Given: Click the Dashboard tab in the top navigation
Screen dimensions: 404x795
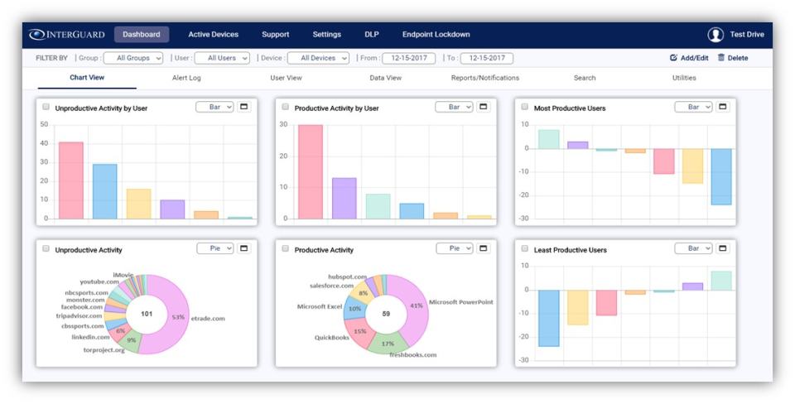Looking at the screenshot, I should point(142,35).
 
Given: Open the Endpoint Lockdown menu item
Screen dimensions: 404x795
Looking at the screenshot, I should point(436,35).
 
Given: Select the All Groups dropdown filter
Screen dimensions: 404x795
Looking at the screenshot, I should point(133,58).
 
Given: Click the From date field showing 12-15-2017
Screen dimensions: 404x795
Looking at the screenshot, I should point(408,58).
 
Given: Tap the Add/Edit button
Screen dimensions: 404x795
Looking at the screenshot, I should point(689,58).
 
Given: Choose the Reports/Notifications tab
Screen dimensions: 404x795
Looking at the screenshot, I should point(484,78).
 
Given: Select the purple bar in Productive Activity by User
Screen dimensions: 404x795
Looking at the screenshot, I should point(344,198).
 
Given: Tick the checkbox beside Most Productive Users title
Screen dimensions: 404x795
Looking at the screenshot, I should point(525,107).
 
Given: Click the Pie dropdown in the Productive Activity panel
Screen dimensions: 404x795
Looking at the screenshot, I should point(454,248).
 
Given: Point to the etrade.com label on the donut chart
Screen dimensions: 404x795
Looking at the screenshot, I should point(207,317).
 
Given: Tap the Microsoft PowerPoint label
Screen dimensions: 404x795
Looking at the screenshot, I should point(460,302).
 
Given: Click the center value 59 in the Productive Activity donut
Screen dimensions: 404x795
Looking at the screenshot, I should point(386,314).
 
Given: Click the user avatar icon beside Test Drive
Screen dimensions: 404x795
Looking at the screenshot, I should point(715,35).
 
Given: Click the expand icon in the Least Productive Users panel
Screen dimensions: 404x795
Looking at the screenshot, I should point(722,248).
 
